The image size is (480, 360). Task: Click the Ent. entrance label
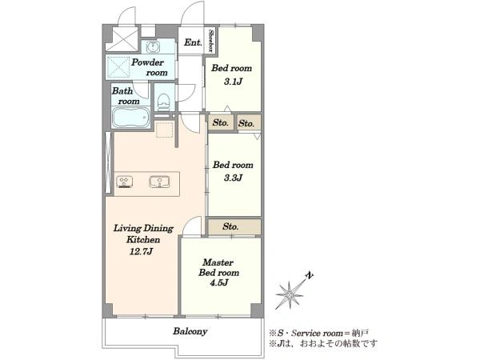point(193,42)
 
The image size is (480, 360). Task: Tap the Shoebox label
point(211,41)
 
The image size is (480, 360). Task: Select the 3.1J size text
point(233,82)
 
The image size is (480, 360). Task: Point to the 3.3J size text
point(234,178)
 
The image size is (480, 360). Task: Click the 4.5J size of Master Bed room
point(219,283)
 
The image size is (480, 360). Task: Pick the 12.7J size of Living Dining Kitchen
point(142,252)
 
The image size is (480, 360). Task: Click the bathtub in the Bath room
point(130,118)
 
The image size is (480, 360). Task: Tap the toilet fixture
point(163,102)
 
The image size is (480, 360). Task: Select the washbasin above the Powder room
point(153,47)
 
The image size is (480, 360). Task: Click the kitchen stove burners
point(125,182)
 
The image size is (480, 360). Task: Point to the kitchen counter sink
point(159,182)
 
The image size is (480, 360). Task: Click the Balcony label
point(190,331)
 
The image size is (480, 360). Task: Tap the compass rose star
point(290,295)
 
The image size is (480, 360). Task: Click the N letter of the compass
point(310,275)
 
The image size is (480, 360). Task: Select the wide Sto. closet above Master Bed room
point(234,227)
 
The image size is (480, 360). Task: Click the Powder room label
point(150,67)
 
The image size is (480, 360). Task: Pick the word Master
point(218,262)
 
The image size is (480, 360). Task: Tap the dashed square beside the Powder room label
point(118,66)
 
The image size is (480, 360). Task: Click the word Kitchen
point(143,239)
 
